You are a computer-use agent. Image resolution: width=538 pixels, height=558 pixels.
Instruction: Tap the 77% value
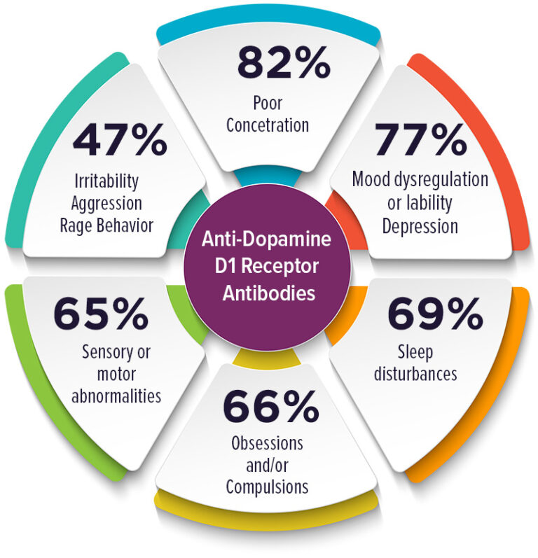point(420,139)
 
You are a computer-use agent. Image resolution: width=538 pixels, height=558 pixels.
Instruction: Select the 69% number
point(435,314)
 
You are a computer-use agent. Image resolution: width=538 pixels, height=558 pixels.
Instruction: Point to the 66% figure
point(271,405)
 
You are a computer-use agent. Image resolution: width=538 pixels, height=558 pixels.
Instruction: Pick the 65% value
point(101,314)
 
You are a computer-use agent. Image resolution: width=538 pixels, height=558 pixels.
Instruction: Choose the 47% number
point(120,139)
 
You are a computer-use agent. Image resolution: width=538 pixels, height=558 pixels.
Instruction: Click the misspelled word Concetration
point(268,125)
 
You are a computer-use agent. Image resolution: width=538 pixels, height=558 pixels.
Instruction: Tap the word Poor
point(268,103)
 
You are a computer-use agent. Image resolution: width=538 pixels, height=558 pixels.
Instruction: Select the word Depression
point(420,227)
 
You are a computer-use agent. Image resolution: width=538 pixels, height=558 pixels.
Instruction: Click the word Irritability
point(106,181)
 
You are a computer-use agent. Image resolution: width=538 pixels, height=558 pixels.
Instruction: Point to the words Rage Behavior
point(106,225)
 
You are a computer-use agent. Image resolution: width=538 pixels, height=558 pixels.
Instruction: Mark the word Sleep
point(415,353)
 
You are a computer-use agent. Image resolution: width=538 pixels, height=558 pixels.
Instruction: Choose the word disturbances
point(415,374)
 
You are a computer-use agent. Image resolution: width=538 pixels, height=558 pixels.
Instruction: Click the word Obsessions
point(267,443)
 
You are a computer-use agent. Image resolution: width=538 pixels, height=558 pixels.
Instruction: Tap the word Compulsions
point(267,487)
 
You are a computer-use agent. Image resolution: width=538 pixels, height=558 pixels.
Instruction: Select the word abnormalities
point(116,396)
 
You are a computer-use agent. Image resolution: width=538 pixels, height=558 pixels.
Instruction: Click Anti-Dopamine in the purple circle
point(266,239)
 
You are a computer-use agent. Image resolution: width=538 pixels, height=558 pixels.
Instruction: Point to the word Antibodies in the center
point(269,293)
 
